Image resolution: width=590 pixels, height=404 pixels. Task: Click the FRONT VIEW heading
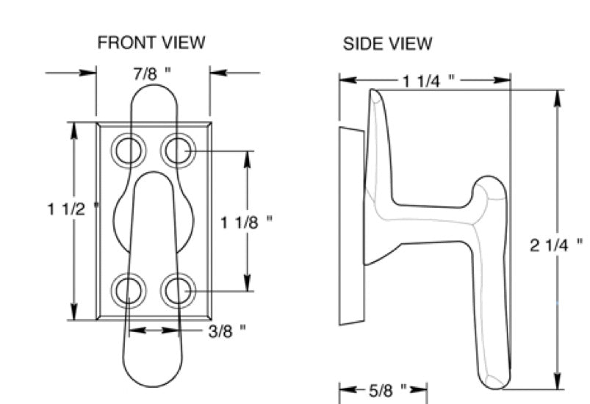coord(151,43)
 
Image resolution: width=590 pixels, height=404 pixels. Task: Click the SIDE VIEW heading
coord(387,44)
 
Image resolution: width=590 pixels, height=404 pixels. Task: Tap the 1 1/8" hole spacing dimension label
coord(247,220)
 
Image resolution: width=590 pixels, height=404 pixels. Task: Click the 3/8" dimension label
coord(226,331)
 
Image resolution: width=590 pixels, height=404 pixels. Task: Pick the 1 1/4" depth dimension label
coord(430,81)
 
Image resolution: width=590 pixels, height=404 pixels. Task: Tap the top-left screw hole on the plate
coord(129,151)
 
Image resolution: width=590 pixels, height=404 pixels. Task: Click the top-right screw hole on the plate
coord(177,151)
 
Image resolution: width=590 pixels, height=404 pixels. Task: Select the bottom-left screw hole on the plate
coord(129,291)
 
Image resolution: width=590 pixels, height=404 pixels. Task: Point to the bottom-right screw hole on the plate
coord(177,291)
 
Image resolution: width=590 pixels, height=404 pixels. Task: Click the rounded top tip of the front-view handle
coord(153,92)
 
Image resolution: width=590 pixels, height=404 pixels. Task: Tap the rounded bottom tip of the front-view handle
coord(153,378)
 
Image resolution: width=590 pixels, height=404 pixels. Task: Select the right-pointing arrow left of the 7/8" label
coord(89,73)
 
